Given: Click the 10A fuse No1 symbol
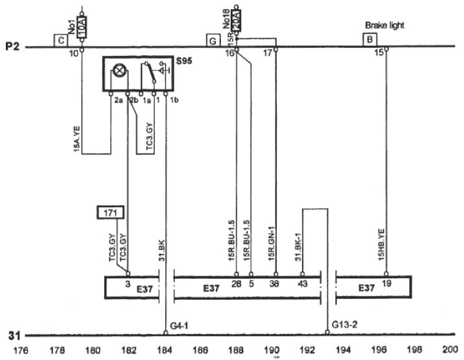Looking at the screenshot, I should (x=82, y=25).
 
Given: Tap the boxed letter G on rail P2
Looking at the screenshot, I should (x=212, y=40).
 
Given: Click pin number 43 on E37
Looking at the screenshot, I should (x=302, y=283).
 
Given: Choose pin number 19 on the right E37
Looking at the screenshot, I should (x=386, y=283).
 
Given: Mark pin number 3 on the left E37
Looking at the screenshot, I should (x=128, y=283).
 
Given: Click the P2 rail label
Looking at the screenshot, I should (x=13, y=47).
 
